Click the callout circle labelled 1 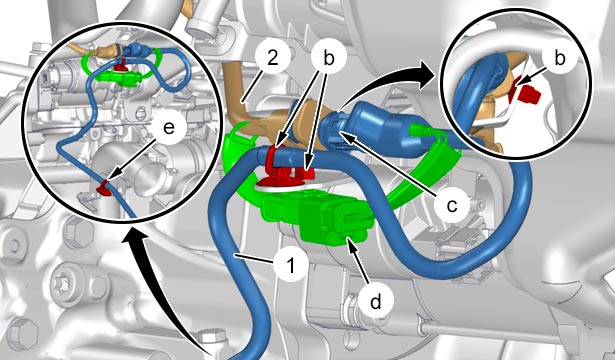291,266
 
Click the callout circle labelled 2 273,58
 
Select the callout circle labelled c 451,204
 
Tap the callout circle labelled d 375,302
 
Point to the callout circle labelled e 169,127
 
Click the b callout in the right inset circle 560,58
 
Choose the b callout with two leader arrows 329,58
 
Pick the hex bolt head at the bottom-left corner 20,333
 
